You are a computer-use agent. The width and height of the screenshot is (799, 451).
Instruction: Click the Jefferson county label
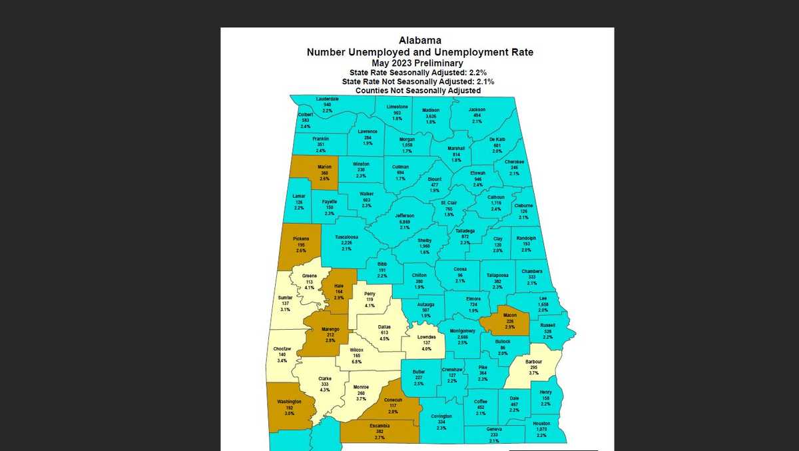click(x=405, y=216)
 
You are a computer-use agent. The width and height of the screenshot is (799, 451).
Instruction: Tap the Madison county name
click(x=431, y=110)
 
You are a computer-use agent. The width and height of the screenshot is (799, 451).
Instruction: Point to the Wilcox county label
click(x=356, y=350)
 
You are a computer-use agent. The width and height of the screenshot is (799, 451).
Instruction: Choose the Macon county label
click(x=509, y=314)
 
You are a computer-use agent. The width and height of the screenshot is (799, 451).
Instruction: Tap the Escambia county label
click(x=380, y=424)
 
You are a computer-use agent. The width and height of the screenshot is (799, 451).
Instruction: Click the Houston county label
click(x=541, y=424)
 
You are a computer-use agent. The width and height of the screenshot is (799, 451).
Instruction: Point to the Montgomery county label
click(x=463, y=331)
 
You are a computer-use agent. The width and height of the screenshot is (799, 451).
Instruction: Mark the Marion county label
click(x=324, y=167)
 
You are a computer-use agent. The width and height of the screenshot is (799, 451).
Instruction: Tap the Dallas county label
click(x=384, y=327)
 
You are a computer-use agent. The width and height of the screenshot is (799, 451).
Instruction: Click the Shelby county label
click(x=425, y=240)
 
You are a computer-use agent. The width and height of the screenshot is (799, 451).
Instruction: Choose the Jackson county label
click(x=477, y=109)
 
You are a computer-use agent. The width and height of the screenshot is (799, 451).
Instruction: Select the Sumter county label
click(x=285, y=298)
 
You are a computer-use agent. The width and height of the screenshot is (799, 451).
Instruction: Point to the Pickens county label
click(x=301, y=238)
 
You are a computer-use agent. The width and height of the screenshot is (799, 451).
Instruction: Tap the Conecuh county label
click(x=394, y=400)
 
